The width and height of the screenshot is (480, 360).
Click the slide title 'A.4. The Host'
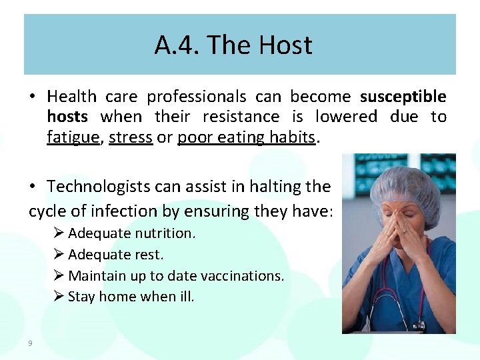(233, 45)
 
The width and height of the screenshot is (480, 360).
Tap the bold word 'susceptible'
(403, 97)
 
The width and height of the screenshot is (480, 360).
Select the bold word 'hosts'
(67, 117)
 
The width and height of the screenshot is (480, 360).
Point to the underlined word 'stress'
(131, 137)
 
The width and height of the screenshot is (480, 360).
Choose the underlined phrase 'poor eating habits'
(246, 137)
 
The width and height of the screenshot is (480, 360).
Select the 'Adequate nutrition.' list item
(131, 233)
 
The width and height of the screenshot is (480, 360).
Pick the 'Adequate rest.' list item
(115, 255)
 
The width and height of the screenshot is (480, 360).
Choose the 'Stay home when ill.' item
(131, 297)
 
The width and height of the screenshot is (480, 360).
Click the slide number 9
(31, 343)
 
